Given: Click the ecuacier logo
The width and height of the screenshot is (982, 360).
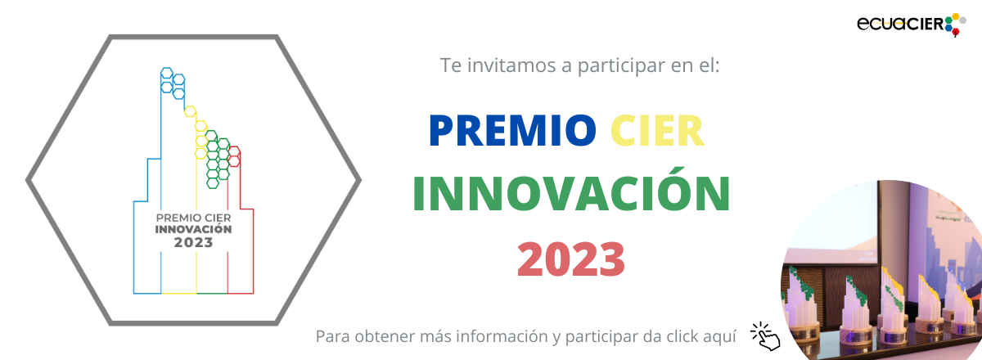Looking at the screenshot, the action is (x=912, y=25).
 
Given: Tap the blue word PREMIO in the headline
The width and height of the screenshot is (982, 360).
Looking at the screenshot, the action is (x=512, y=131).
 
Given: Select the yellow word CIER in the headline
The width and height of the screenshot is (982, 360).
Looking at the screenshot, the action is (x=657, y=131).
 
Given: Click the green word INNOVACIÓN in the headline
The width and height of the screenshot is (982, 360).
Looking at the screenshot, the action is (x=571, y=191).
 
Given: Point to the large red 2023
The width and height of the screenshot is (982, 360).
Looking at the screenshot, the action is (x=571, y=259).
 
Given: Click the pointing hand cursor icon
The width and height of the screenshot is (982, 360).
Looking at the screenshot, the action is (x=765, y=336).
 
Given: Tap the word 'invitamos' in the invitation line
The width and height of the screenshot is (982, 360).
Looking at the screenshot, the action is (x=511, y=65).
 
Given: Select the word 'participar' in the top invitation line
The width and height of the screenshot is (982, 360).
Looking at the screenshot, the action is (x=621, y=66).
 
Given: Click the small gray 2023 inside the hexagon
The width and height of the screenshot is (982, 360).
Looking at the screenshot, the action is (x=193, y=242).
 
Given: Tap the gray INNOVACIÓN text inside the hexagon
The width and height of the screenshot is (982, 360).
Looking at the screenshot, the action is (x=193, y=229).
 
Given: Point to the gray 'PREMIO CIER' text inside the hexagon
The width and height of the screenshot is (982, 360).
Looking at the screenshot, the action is (x=193, y=218).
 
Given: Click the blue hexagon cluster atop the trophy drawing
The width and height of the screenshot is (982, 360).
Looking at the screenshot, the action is (x=173, y=83).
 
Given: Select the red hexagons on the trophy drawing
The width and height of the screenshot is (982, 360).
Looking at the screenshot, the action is (x=234, y=156).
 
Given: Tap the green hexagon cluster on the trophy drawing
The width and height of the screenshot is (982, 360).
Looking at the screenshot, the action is (x=218, y=160).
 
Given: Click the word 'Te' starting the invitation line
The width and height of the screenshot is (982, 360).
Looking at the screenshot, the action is (x=451, y=65).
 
